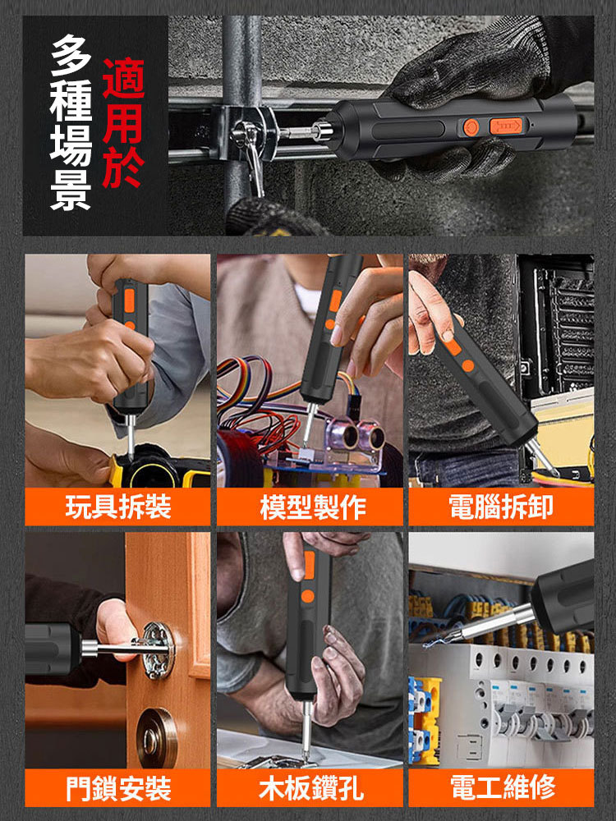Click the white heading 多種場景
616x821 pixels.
coord(71,123)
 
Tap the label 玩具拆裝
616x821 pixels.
coord(117,507)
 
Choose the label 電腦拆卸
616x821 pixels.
coord(501,507)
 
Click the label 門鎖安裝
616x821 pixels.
coord(117,788)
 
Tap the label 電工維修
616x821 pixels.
coord(501,788)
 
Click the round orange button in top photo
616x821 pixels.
coord(471,127)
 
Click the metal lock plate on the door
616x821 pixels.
coord(158,649)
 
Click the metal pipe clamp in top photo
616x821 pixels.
coord(246,135)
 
